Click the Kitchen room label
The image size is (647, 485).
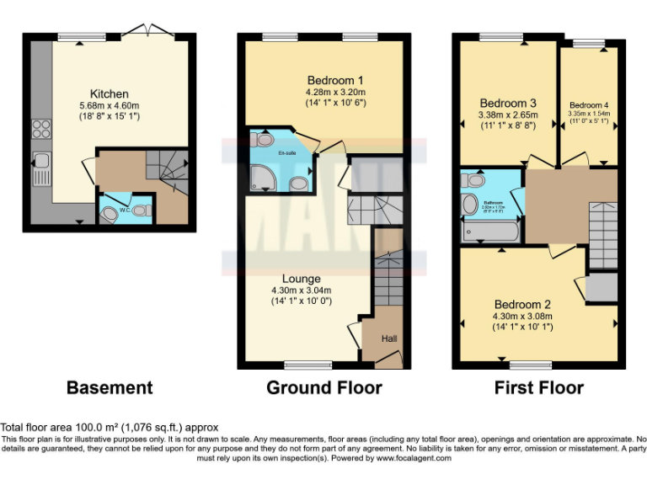[x=110, y=93]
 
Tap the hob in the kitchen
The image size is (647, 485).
[x=40, y=129]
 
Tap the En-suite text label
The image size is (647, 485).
[x=287, y=154]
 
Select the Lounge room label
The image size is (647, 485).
[x=301, y=279]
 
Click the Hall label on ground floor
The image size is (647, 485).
[x=388, y=338]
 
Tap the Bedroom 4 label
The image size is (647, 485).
[x=588, y=105]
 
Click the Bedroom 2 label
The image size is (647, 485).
[x=522, y=304]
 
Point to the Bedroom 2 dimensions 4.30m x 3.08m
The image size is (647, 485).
[x=522, y=317]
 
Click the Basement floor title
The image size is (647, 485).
[x=110, y=388]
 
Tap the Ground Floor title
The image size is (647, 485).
[x=323, y=388]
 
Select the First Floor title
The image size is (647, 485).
[x=539, y=388]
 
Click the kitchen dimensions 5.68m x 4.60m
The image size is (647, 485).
[x=110, y=105]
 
